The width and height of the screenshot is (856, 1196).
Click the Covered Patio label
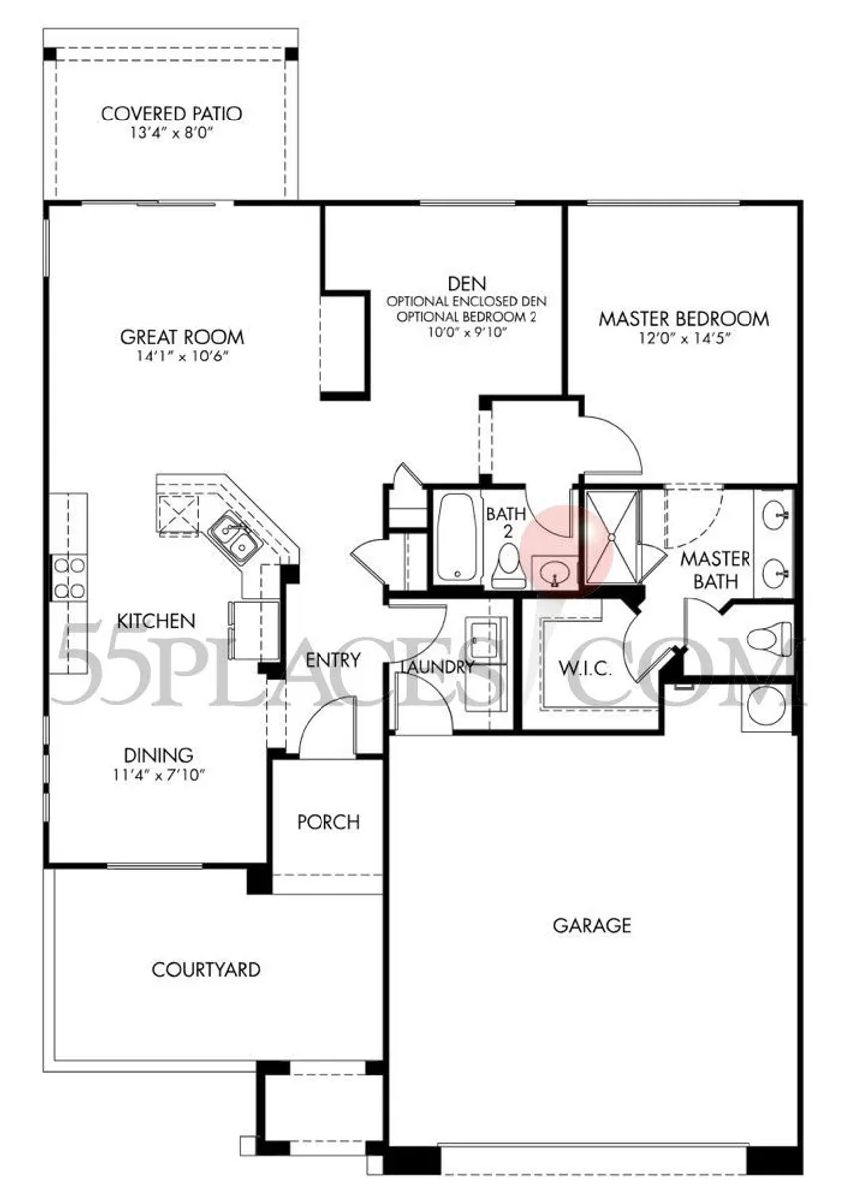point(171,114)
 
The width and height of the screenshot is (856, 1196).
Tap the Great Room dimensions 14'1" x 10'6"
point(182,357)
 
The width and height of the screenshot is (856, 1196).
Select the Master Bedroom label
point(684,319)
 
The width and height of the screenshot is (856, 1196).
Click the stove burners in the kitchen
point(69,578)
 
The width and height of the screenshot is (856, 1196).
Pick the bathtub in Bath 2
point(456,537)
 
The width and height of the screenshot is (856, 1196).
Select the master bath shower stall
point(612,537)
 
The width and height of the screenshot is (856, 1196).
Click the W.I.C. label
point(585,668)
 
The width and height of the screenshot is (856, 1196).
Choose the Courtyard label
point(206,970)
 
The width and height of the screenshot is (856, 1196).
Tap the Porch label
point(328,822)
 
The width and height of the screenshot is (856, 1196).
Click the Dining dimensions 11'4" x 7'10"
point(159,775)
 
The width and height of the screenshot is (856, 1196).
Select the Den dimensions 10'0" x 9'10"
point(467,332)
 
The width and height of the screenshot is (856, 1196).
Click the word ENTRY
point(333,660)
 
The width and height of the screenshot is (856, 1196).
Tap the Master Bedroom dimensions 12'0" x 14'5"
point(684,339)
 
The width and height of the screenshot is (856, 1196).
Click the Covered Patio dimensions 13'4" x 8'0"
point(172,133)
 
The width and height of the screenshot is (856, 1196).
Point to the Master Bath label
point(715,570)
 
